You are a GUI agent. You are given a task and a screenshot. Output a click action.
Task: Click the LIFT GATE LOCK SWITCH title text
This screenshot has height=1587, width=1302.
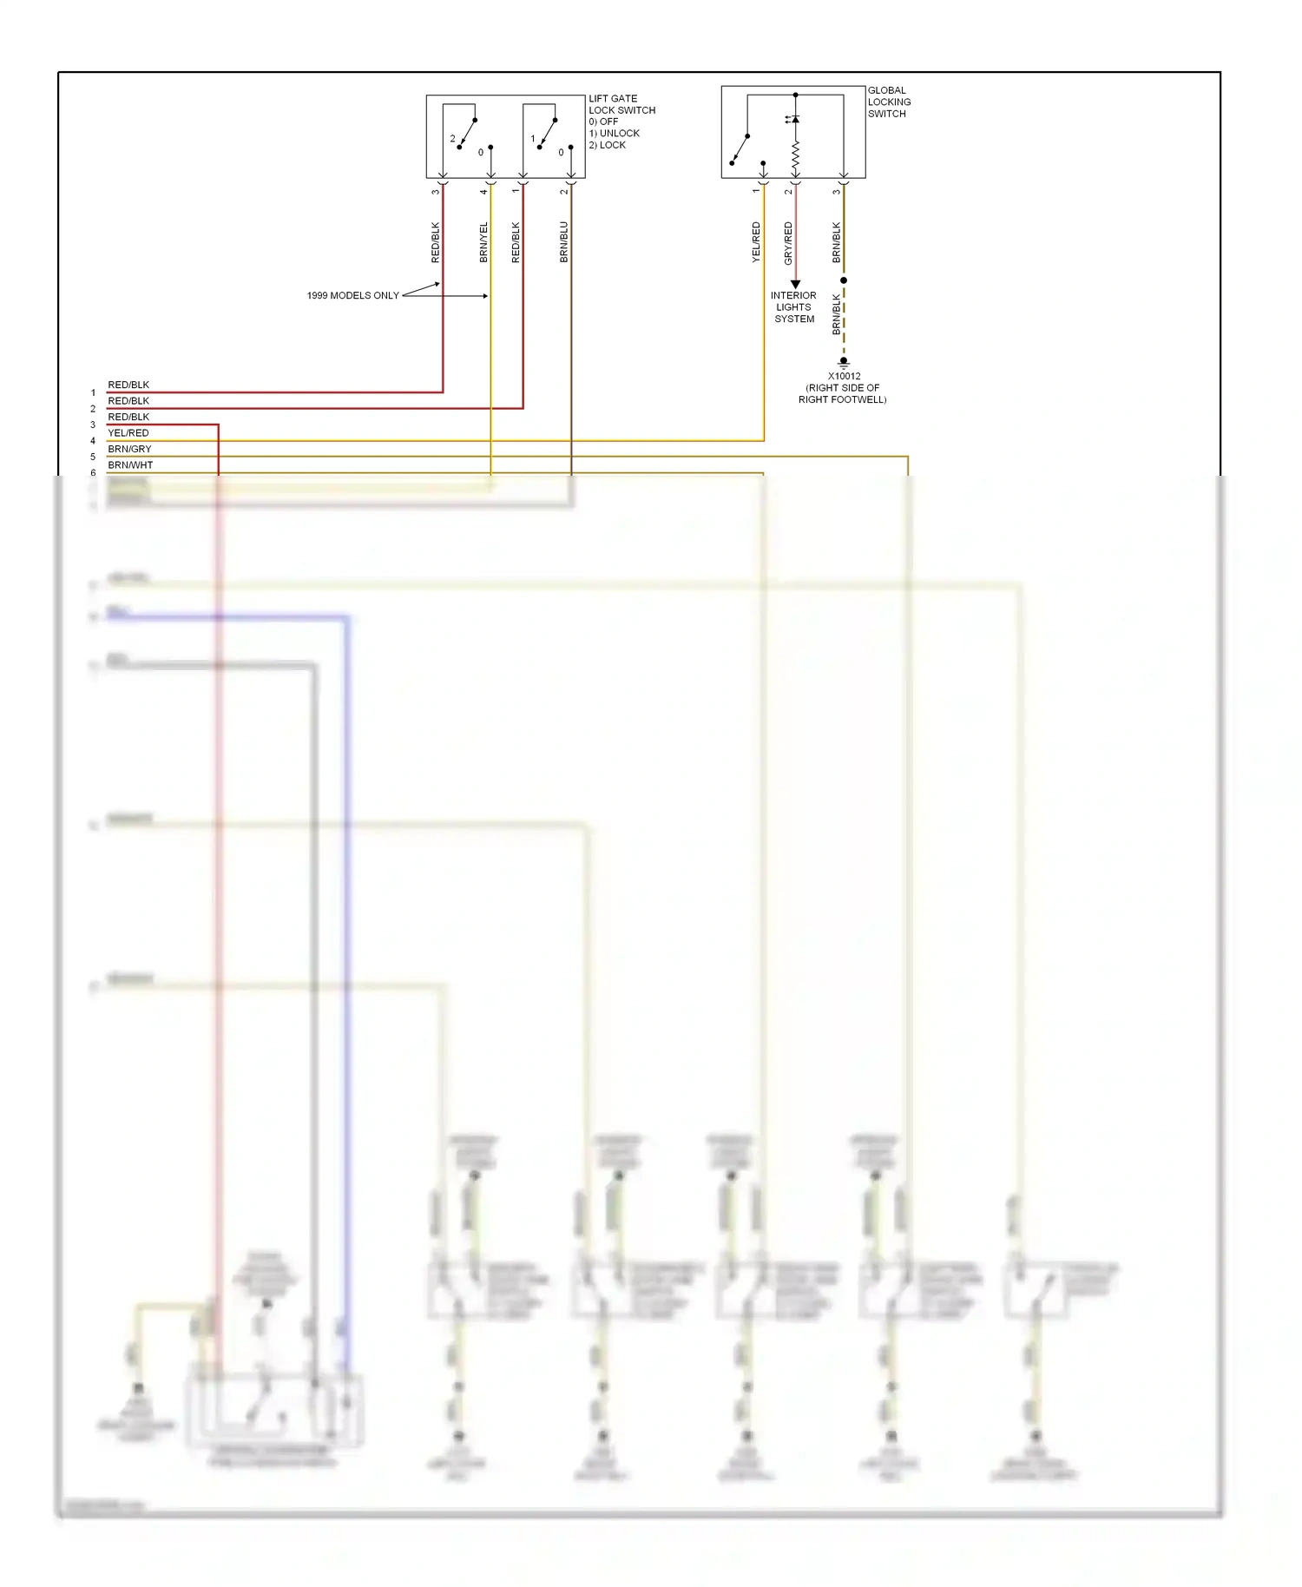point(621,104)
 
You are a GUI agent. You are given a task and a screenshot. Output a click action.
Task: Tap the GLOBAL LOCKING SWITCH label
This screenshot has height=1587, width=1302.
point(889,102)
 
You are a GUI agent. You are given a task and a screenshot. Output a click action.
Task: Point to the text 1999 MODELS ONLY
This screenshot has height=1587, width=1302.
point(352,296)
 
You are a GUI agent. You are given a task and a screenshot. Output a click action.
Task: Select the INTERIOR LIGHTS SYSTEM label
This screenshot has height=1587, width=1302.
point(794,307)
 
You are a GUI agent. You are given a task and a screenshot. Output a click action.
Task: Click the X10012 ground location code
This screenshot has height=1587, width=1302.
point(844,377)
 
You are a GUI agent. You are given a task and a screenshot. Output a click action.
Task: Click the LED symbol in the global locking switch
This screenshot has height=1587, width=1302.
point(794,119)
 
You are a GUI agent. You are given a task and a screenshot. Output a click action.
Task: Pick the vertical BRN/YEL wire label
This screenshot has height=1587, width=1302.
point(484,242)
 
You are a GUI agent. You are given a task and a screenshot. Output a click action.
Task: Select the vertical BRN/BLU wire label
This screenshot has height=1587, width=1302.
point(564,242)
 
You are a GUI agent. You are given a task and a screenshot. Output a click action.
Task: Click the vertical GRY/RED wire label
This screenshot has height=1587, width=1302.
point(788,243)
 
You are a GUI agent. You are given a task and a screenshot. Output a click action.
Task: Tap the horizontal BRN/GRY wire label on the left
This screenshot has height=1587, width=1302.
point(129,449)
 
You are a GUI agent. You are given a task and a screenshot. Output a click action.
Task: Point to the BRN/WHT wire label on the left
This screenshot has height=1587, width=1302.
point(130,465)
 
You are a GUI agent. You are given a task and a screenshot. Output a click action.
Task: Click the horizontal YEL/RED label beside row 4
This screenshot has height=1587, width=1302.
point(128,433)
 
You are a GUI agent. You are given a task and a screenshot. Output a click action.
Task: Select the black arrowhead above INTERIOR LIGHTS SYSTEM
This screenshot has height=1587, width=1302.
point(795,285)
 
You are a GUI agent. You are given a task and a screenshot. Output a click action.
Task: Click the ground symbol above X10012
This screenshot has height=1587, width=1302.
point(844,363)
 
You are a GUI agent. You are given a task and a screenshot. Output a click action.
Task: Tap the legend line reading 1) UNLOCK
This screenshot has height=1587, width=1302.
point(614,134)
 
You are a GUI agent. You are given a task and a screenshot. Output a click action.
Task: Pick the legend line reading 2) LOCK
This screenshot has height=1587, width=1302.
point(607,145)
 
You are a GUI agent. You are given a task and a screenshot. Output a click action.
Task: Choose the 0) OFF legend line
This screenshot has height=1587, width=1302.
point(603,122)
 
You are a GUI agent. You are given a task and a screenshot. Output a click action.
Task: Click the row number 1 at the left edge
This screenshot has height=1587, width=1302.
point(93,393)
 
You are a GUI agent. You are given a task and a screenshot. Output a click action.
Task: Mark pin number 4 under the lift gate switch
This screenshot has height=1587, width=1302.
point(484,191)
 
